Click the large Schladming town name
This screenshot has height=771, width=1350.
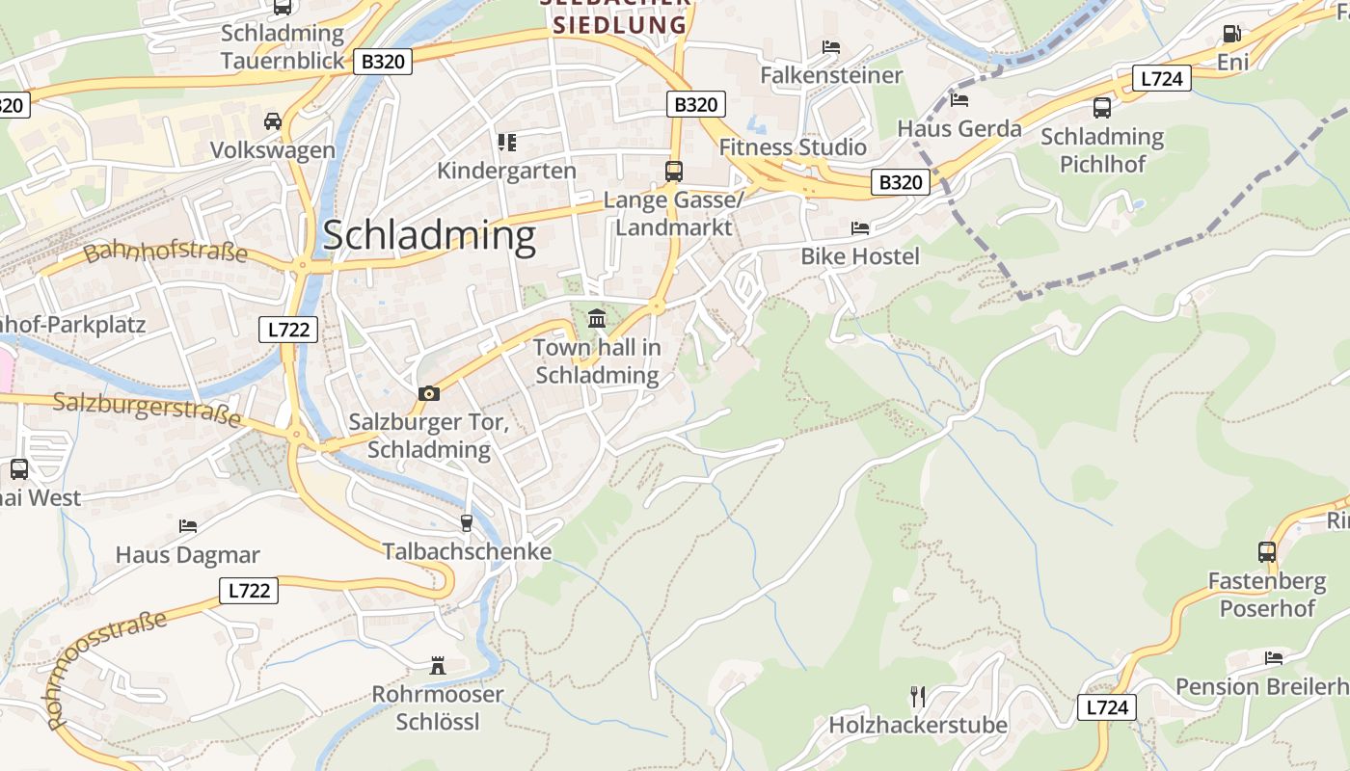click(x=429, y=236)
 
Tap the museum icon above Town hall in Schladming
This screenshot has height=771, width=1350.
click(x=597, y=318)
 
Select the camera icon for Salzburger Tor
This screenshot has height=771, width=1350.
click(x=429, y=393)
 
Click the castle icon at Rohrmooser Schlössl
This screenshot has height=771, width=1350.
click(x=438, y=665)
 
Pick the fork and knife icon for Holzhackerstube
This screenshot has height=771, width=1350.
click(x=918, y=695)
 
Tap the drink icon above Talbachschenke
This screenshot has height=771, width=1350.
click(x=467, y=522)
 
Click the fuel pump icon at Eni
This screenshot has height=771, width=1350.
click(x=1231, y=33)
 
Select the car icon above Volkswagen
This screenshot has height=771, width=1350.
click(x=273, y=121)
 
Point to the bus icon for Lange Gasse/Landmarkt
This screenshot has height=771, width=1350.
click(x=673, y=172)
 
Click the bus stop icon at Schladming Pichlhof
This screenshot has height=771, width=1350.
click(x=1101, y=107)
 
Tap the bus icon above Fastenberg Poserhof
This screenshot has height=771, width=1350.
click(x=1267, y=552)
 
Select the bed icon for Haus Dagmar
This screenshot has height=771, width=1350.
click(x=188, y=526)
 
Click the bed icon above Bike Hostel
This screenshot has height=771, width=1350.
click(x=860, y=228)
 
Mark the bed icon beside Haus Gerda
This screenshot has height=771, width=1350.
click(x=959, y=99)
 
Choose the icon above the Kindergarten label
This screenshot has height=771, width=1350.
click(x=507, y=143)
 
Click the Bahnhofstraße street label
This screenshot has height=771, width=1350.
click(x=166, y=253)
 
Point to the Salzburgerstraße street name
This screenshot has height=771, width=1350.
click(x=147, y=409)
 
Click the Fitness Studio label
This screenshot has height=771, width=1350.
click(x=793, y=147)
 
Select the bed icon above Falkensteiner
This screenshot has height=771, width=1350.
click(x=831, y=46)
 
